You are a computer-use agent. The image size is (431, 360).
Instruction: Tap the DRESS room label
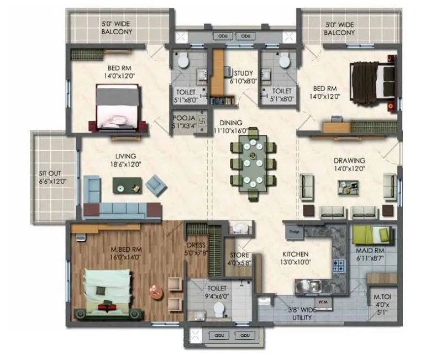(196, 250)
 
